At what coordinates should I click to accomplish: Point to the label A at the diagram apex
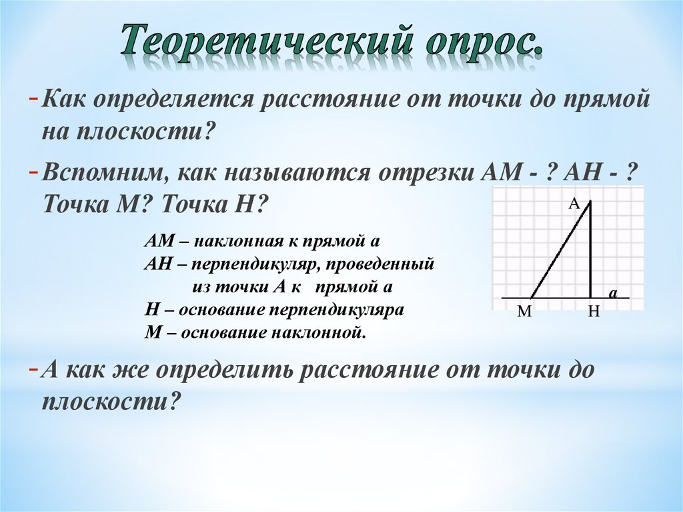tap(574, 204)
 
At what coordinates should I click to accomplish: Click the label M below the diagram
tap(524, 312)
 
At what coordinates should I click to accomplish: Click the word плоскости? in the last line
tap(111, 403)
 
